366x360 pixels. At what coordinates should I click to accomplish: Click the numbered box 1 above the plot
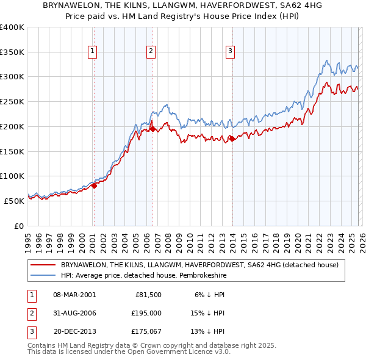click(93, 52)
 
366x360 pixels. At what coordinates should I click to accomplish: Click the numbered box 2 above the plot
click(151, 52)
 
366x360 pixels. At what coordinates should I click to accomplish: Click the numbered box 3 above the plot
click(231, 52)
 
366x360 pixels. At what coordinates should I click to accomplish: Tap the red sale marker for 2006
click(152, 129)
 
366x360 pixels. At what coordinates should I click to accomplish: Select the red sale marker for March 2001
click(94, 185)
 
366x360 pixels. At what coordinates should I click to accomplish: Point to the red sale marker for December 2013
click(232, 139)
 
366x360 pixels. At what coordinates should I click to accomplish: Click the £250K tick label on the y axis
click(12, 102)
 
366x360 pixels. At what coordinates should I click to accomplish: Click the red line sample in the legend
click(43, 264)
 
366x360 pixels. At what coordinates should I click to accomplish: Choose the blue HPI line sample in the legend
click(43, 275)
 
